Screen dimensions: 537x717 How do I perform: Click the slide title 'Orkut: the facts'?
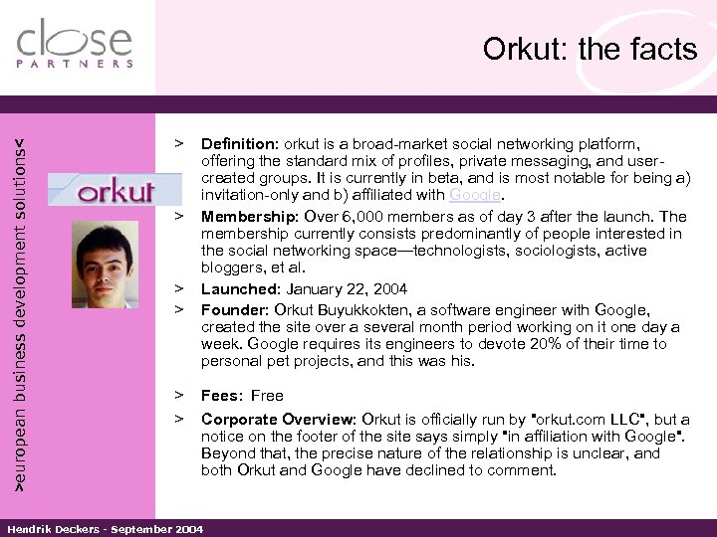click(590, 49)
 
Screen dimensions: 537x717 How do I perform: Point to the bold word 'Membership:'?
click(249, 216)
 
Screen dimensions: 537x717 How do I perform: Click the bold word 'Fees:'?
click(221, 395)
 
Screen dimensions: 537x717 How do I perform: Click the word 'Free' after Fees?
click(268, 395)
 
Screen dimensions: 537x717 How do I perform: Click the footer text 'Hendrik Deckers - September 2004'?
click(103, 528)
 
